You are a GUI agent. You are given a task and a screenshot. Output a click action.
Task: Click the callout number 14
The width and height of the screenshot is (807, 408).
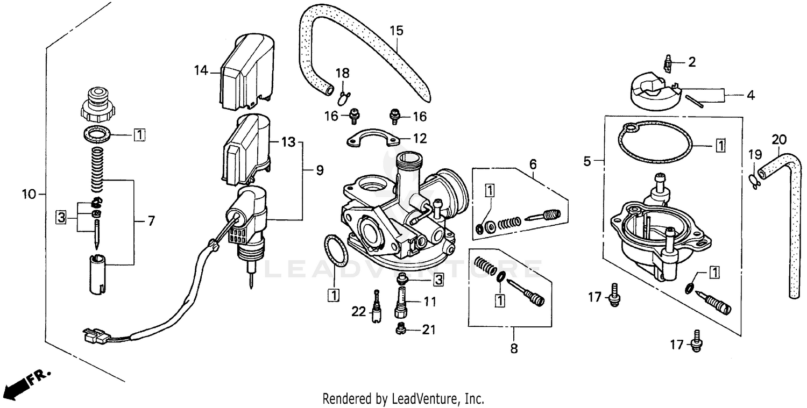(201, 70)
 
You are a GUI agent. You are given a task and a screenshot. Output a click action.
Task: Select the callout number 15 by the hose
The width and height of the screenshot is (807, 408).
(396, 31)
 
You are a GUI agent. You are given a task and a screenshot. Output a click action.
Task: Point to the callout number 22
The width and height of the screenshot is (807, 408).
(358, 311)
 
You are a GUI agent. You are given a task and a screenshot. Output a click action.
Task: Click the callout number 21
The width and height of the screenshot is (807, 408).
(428, 330)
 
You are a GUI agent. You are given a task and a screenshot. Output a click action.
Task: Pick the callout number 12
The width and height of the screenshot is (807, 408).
(420, 138)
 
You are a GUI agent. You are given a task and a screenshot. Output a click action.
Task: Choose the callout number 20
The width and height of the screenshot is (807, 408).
(778, 139)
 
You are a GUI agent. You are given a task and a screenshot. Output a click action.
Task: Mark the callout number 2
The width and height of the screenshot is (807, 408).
(692, 62)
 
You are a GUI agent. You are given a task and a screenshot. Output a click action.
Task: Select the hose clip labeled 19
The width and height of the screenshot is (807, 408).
(754, 181)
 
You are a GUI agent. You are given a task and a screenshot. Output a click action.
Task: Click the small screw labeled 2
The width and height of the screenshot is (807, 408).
(668, 64)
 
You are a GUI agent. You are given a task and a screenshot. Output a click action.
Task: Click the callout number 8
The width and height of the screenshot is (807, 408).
(513, 348)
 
